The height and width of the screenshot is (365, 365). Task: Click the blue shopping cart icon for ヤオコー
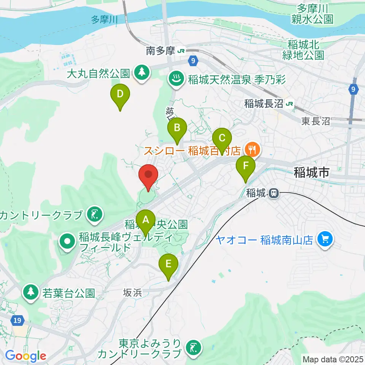tap(325, 239)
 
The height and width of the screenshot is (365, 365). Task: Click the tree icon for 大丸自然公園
tap(142, 72)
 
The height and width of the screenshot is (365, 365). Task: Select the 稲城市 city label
tap(311, 173)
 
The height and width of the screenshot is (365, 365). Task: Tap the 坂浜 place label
tap(132, 293)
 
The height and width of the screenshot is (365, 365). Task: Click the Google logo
tap(26, 355)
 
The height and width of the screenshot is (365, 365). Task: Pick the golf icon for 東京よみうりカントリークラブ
tap(194, 347)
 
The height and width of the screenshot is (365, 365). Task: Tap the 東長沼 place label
tap(315, 121)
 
